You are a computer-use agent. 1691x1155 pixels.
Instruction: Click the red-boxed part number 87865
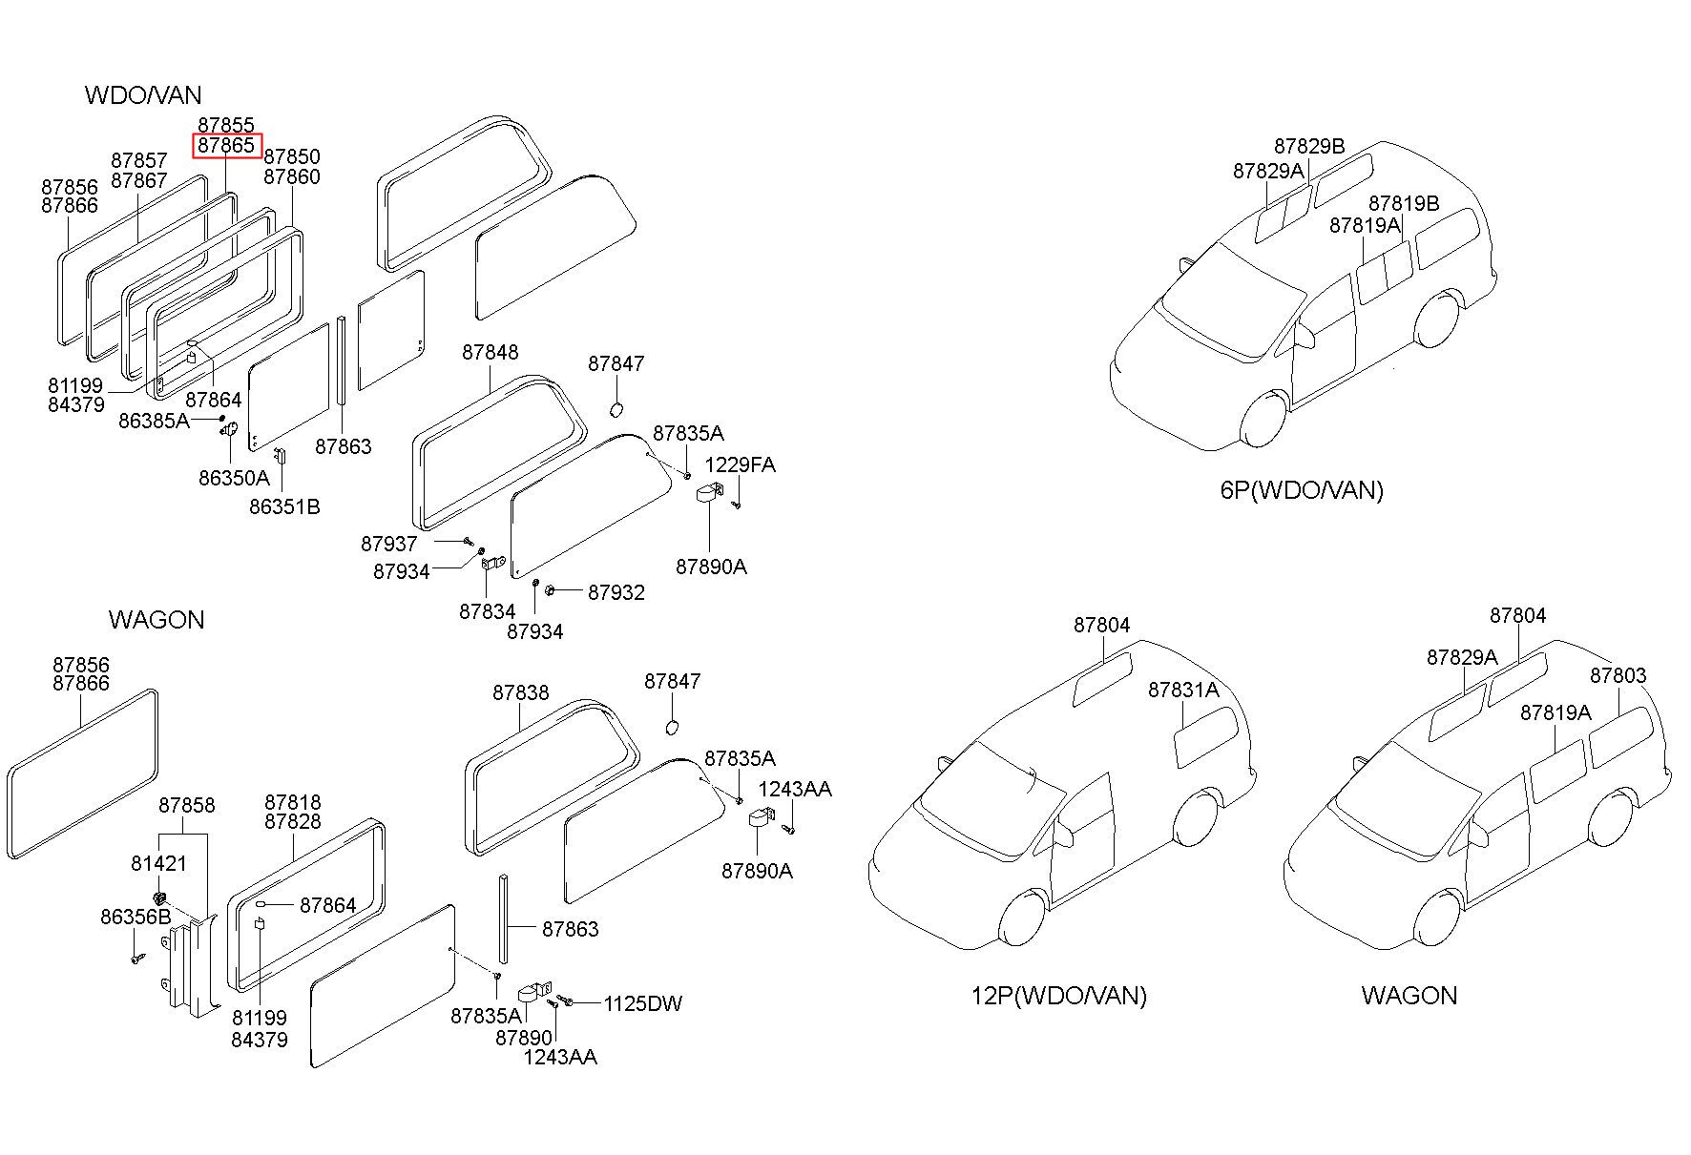(x=226, y=145)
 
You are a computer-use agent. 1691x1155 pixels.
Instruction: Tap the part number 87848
(x=491, y=352)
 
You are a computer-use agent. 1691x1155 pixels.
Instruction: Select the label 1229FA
(x=741, y=464)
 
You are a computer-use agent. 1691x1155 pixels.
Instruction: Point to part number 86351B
(x=284, y=506)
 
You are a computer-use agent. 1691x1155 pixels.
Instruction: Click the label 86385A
(x=155, y=420)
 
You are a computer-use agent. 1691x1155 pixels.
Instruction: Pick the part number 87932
(x=616, y=592)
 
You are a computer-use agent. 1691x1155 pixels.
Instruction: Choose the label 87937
(x=389, y=544)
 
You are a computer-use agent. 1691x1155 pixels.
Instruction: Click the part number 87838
(x=521, y=692)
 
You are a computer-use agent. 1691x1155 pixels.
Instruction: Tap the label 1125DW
(x=643, y=1003)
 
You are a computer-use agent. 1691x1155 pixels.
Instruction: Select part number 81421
(x=159, y=863)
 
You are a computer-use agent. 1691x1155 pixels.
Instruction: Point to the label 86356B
(x=136, y=917)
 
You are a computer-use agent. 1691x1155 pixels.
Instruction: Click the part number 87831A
(x=1183, y=690)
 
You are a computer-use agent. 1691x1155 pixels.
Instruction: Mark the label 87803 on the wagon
(x=1618, y=675)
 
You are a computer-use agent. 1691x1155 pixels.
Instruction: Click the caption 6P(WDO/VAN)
(x=1302, y=490)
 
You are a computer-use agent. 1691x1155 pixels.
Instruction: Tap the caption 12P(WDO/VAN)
(x=1059, y=996)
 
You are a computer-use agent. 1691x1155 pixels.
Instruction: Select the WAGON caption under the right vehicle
(x=1409, y=996)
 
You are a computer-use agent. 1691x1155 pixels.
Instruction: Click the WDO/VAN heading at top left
(x=143, y=94)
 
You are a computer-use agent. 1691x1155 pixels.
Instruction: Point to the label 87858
(x=187, y=805)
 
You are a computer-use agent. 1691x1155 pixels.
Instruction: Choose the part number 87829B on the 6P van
(x=1309, y=146)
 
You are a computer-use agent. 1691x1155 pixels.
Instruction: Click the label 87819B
(x=1404, y=203)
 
